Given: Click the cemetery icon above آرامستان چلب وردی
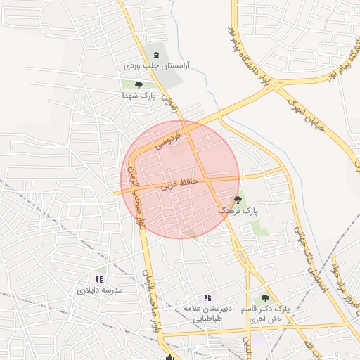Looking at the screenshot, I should (155, 55).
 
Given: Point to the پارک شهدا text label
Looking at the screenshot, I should (138, 95).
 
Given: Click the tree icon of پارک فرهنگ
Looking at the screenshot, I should (238, 200).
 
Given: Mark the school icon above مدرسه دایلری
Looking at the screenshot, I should (99, 279).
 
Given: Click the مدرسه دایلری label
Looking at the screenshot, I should (100, 290).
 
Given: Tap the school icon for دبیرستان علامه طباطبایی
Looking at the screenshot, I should (207, 298).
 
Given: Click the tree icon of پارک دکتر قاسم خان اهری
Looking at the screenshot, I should (265, 298).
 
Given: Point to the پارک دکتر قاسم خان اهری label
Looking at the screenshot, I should (265, 314).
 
